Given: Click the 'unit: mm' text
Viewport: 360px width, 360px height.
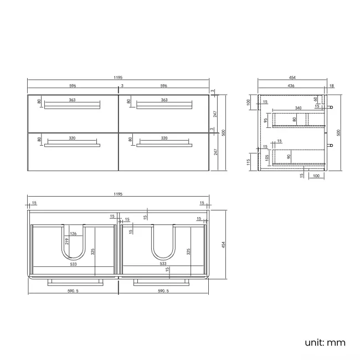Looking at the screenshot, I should pyautogui.click(x=325, y=342).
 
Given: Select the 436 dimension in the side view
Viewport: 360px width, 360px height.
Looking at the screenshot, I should pyautogui.click(x=291, y=86).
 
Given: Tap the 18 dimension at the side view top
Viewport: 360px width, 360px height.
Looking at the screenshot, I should pyautogui.click(x=331, y=86).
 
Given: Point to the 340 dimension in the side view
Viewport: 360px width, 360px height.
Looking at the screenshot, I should pyautogui.click(x=298, y=108).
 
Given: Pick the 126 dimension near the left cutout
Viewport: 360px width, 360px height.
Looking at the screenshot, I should pyautogui.click(x=73, y=233).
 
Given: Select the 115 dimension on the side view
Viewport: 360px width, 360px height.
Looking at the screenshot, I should pyautogui.click(x=249, y=161).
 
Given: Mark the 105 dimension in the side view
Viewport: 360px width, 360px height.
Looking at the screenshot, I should pyautogui.click(x=266, y=157).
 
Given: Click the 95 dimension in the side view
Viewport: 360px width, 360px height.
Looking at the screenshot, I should pyautogui.click(x=266, y=120).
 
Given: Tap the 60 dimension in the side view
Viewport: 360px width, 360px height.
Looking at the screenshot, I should pyautogui.click(x=316, y=100).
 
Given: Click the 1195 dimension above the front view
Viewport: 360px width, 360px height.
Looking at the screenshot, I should pyautogui.click(x=119, y=78).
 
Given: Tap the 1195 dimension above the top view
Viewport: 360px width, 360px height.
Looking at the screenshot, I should pyautogui.click(x=119, y=195).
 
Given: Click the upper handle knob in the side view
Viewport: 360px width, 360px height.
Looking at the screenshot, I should pyautogui.click(x=331, y=107).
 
